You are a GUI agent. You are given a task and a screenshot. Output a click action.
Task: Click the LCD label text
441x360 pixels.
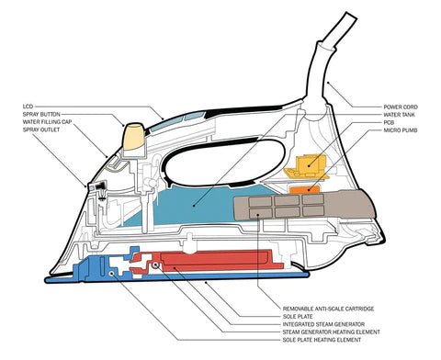(28, 107)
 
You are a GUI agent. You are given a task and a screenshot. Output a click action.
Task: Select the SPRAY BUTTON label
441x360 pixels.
(41, 114)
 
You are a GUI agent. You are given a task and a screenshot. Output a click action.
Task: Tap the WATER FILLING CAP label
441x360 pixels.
(47, 122)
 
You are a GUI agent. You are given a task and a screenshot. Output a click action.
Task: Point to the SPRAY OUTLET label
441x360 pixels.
(41, 129)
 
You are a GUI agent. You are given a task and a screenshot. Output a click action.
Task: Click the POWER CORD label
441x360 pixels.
(401, 107)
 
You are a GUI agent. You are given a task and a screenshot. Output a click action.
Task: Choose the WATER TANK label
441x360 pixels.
(400, 115)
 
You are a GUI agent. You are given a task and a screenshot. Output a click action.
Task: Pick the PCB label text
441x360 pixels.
(389, 122)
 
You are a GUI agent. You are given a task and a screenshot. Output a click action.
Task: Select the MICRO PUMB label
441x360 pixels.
(401, 130)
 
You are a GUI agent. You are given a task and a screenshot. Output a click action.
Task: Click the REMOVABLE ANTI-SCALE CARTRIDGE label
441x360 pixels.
(328, 309)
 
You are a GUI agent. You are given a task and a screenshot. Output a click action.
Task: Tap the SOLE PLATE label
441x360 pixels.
(298, 317)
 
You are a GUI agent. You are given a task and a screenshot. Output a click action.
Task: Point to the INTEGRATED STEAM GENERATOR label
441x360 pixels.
(323, 324)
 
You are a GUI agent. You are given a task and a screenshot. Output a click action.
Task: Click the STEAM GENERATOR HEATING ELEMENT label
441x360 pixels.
(332, 332)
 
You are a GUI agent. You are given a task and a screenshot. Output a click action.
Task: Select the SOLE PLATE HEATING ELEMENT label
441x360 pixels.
(322, 340)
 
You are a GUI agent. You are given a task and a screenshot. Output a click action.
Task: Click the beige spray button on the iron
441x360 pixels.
(133, 137)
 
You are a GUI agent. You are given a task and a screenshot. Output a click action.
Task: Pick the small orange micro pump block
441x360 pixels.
(304, 190)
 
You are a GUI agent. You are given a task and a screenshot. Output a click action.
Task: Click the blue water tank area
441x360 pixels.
(196, 205)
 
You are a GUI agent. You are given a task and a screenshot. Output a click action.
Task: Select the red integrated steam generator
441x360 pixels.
(214, 260)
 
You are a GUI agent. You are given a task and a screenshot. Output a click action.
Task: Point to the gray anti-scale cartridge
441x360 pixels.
(303, 205)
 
